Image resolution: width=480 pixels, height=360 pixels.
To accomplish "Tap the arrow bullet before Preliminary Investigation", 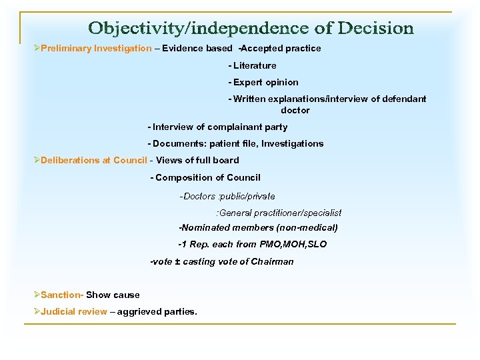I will (37, 49).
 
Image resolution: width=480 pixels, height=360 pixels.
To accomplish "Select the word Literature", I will (255, 66).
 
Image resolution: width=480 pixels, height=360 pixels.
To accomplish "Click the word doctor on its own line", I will (295, 110).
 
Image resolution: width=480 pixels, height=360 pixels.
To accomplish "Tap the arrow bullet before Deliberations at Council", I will (37, 160).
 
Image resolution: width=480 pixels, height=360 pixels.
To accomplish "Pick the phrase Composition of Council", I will (209, 177).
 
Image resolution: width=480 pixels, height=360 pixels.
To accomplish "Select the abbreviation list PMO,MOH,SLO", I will (293, 244).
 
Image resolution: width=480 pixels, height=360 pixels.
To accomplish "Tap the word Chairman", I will (272, 261).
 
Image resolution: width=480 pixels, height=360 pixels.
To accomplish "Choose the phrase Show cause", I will (113, 295).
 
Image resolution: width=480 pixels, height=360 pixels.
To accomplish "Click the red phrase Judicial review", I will (73, 311).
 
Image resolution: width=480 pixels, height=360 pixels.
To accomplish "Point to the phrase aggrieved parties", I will (157, 311).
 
